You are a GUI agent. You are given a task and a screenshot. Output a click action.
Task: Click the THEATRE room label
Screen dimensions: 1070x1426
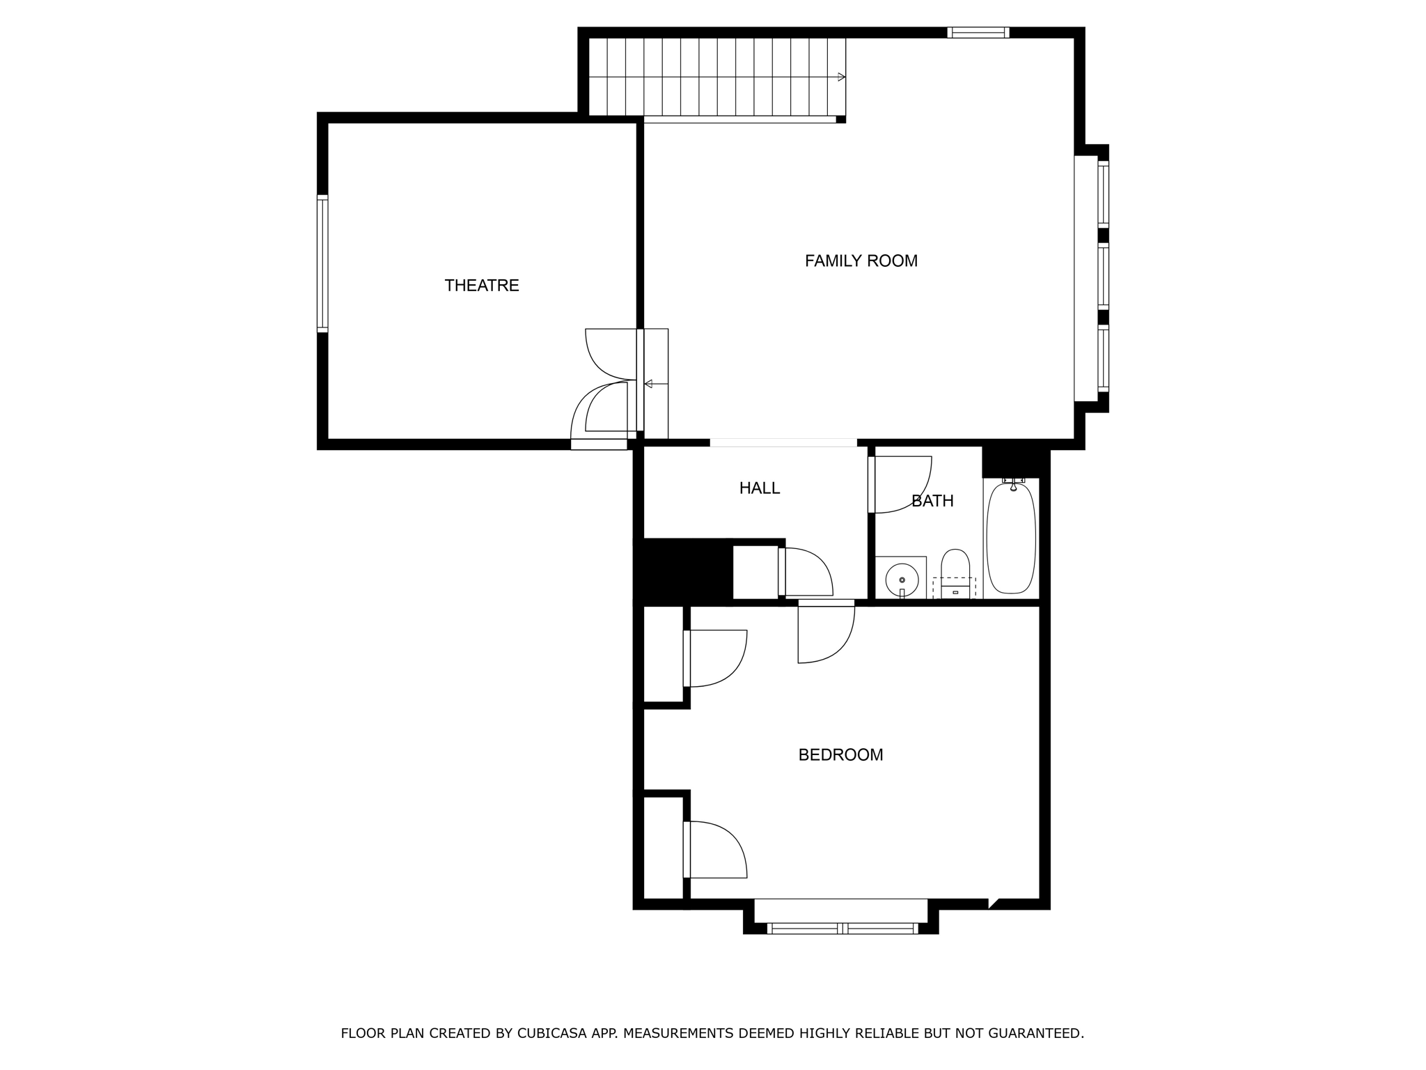482,286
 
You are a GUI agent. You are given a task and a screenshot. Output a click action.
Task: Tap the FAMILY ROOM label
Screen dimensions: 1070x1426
861,261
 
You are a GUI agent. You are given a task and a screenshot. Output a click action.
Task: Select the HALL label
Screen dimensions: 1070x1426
759,488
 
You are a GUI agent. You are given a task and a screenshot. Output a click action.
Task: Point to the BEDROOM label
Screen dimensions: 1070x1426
840,755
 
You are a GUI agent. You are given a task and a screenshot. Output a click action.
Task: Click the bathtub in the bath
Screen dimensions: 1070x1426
1011,538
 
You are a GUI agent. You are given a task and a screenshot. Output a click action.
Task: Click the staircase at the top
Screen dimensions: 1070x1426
717,77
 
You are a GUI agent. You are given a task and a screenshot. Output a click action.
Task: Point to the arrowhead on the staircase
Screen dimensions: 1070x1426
842,77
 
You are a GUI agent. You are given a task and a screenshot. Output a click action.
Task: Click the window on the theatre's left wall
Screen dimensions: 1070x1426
322,263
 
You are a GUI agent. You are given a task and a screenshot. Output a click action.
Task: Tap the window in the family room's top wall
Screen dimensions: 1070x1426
978,32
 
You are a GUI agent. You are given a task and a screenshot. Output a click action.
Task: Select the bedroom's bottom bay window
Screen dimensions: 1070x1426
842,928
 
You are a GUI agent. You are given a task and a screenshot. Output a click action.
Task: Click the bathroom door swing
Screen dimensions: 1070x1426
902,484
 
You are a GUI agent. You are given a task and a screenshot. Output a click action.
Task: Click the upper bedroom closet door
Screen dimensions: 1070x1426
716,658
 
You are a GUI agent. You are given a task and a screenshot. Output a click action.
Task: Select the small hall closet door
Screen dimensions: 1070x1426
806,571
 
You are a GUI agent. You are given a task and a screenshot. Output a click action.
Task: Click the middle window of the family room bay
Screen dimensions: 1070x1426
1103,276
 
